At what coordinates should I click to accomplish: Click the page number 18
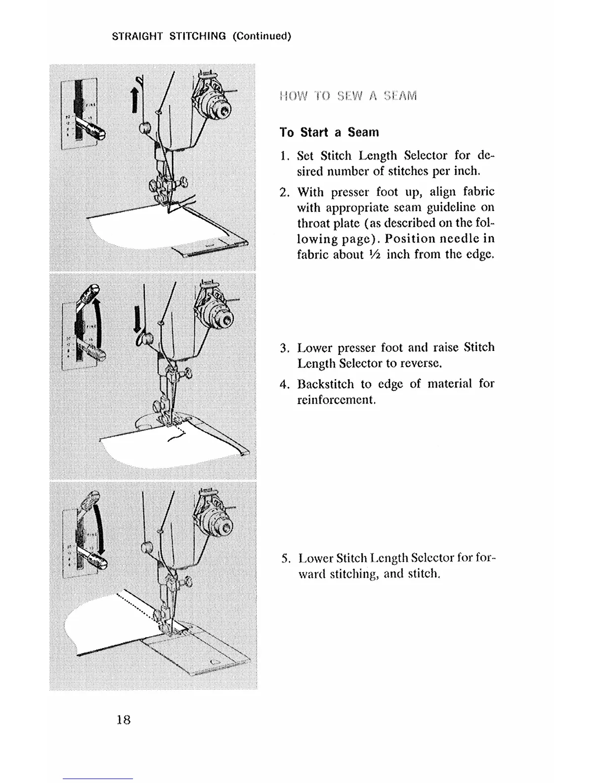123,719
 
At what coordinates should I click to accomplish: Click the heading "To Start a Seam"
329,132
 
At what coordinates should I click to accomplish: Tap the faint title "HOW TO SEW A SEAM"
348,95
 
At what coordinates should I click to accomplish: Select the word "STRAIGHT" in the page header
137,36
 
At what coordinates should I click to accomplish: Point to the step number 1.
284,156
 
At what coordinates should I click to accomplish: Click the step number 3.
284,348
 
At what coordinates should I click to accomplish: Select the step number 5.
285,559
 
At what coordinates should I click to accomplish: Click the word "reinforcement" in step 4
336,400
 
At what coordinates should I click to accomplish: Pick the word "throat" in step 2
313,223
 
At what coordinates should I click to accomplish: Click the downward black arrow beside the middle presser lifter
137,318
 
